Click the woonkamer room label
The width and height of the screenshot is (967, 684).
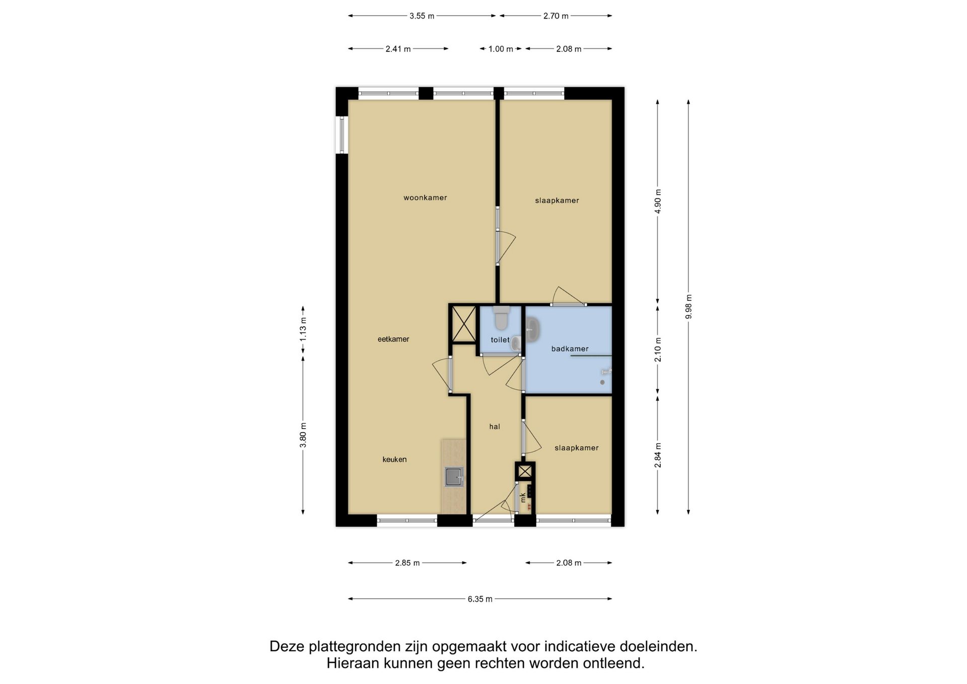pos(425,198)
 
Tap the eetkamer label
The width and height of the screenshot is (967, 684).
pos(393,339)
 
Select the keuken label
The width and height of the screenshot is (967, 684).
pos(394,459)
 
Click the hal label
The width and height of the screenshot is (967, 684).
pos(495,427)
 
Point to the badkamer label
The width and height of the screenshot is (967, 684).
pos(570,349)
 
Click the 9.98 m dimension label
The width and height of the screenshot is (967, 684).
pos(688,306)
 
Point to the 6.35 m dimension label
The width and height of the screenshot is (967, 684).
pos(480,599)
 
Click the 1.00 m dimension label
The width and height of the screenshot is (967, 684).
pos(501,49)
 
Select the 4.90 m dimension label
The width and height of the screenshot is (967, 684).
pos(658,201)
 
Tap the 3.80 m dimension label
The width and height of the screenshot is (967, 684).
pos(303,435)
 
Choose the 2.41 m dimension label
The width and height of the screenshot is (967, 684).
pos(398,49)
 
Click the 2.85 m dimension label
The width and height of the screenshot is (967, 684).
pos(407,563)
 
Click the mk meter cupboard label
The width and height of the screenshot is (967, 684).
pos(523,498)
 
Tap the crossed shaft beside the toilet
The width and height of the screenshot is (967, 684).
pos(463,324)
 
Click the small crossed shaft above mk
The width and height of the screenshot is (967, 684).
pos(525,471)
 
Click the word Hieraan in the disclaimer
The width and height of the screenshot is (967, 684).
pos(353,663)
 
